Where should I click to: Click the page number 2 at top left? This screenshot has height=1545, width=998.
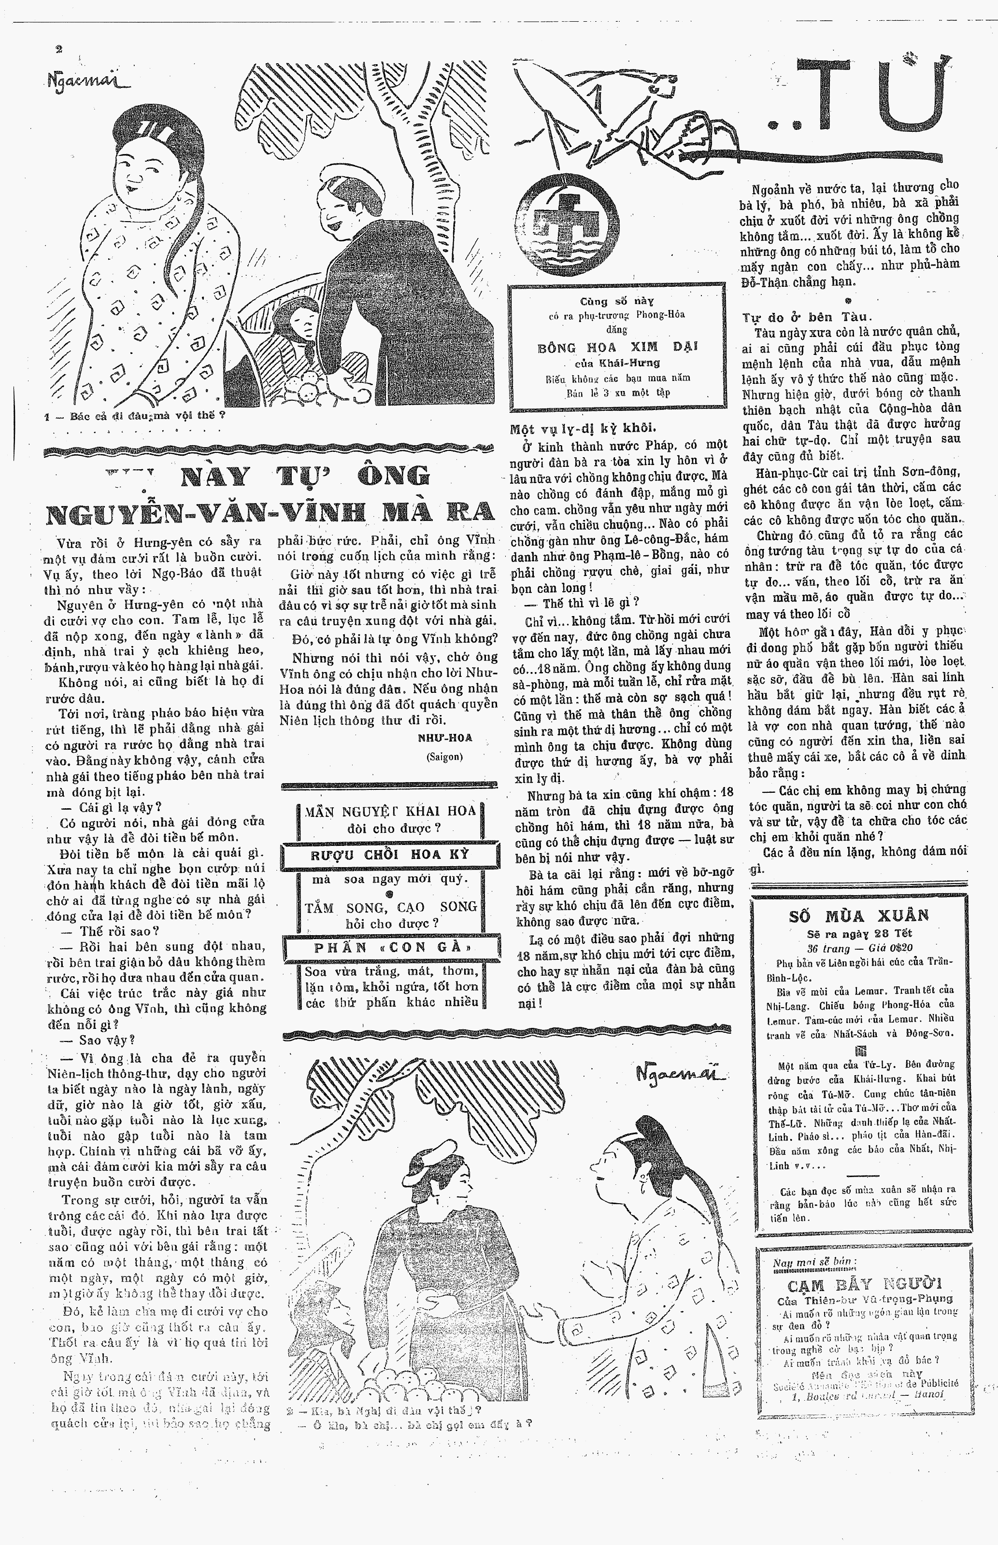tap(59, 49)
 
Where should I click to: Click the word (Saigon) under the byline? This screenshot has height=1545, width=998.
tap(444, 756)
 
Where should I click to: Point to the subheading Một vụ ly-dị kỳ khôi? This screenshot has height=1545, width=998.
tap(583, 428)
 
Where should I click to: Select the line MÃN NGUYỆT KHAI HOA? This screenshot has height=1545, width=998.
tap(391, 811)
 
